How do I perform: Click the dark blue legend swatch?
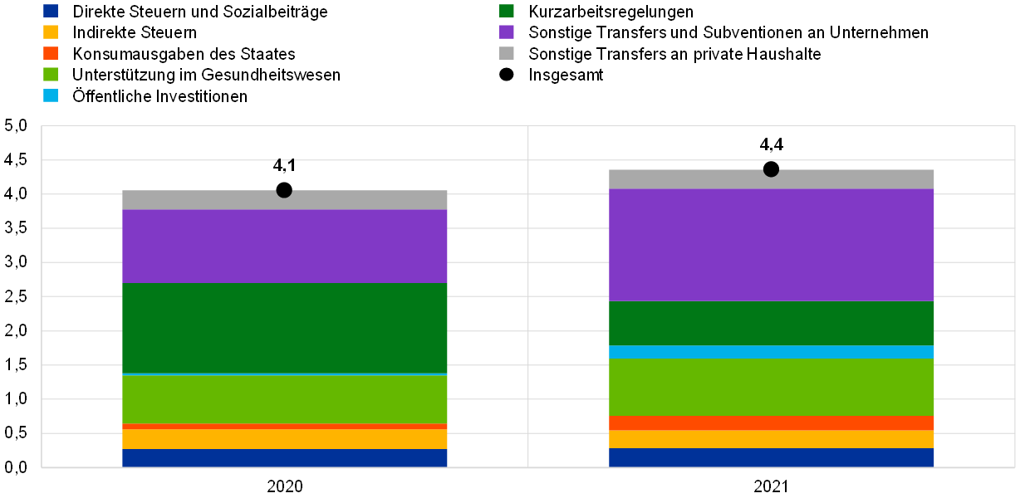(x=51, y=11)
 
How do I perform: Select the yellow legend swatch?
(x=51, y=32)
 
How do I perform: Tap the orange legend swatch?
(x=51, y=53)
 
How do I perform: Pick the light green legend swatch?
(x=51, y=75)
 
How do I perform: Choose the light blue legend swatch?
(x=51, y=95)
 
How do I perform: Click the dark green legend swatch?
(x=507, y=11)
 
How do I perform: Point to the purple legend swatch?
(x=507, y=32)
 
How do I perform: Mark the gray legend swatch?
(x=507, y=53)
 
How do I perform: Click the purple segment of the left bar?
(x=285, y=247)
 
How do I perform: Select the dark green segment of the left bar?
(x=285, y=328)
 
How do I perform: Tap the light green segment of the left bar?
(x=285, y=399)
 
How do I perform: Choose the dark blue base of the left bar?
(x=285, y=458)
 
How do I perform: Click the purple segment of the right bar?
(x=772, y=245)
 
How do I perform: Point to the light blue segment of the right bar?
(x=772, y=352)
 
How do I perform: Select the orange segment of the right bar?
(x=772, y=423)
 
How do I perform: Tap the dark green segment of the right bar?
(x=772, y=324)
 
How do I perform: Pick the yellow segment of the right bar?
(x=772, y=440)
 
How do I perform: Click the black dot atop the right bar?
(x=771, y=169)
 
